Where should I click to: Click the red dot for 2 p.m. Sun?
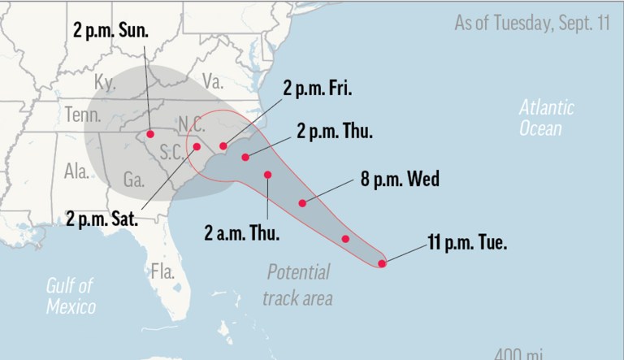click(150, 134)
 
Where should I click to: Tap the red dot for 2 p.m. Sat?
click(196, 146)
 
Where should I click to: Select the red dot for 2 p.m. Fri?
click(223, 145)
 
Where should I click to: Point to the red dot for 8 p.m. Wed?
click(302, 202)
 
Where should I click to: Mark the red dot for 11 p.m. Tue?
click(382, 262)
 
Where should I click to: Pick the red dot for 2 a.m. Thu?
click(268, 175)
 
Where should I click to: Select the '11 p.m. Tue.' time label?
click(467, 241)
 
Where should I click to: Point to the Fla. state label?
click(162, 271)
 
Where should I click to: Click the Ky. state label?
click(106, 83)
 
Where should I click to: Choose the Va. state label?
click(212, 80)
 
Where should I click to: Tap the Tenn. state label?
click(83, 115)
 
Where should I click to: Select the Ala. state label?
click(76, 171)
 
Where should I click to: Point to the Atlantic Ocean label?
click(547, 118)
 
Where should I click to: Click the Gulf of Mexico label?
click(71, 296)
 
